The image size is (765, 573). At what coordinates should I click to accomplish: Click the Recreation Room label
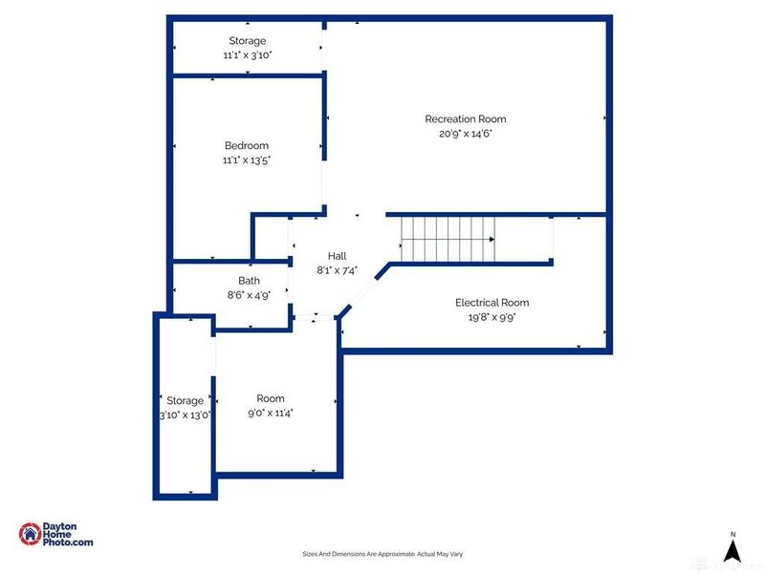point(466,119)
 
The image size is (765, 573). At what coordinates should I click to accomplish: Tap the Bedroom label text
point(247,146)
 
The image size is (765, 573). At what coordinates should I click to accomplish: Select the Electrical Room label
point(492,303)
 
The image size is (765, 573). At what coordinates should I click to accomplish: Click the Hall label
point(337,256)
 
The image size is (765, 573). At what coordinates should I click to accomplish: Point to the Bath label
point(249,281)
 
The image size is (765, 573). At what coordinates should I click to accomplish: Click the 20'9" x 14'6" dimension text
point(466,134)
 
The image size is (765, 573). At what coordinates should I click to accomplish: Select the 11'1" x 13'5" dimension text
point(247,160)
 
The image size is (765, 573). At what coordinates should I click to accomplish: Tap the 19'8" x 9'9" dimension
point(492,317)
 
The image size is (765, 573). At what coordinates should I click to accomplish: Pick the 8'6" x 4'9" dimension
point(249,295)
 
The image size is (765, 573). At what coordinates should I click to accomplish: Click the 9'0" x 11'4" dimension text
point(271,413)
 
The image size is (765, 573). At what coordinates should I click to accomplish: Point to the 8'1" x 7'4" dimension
point(337,270)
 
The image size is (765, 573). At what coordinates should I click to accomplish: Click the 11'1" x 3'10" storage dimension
point(247,55)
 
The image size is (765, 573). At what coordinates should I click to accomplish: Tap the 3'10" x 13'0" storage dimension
point(186,414)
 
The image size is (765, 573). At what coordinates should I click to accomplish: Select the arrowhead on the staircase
point(492,239)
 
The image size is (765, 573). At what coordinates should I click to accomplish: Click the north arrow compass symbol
point(732,550)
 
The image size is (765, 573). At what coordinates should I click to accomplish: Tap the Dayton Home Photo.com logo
point(56,535)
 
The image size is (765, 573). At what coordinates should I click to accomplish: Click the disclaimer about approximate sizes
point(382,554)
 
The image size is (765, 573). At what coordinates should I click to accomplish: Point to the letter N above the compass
point(732,534)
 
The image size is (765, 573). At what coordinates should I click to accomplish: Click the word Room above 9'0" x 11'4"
point(271,398)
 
